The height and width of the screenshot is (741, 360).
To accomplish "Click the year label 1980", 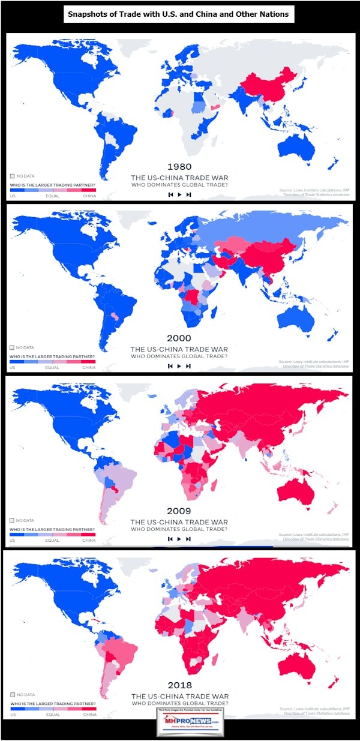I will (179, 166).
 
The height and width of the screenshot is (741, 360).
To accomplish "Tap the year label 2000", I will (179, 338).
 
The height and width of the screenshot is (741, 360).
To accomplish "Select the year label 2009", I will (179, 511).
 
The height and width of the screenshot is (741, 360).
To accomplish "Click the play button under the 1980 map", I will (179, 194).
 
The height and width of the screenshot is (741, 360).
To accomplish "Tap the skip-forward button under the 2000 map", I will (188, 366).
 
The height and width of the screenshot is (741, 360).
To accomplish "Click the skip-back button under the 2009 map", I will (170, 539).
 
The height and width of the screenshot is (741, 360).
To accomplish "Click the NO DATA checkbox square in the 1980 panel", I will (12, 176).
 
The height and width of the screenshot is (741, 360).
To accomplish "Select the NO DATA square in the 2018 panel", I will (12, 694).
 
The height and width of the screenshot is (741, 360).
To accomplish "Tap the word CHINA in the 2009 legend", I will (89, 541).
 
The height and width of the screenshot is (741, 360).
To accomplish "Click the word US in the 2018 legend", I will (13, 715).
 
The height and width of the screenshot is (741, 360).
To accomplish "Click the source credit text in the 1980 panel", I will (314, 193).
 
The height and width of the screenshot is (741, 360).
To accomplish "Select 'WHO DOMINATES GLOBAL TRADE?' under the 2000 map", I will (179, 357).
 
